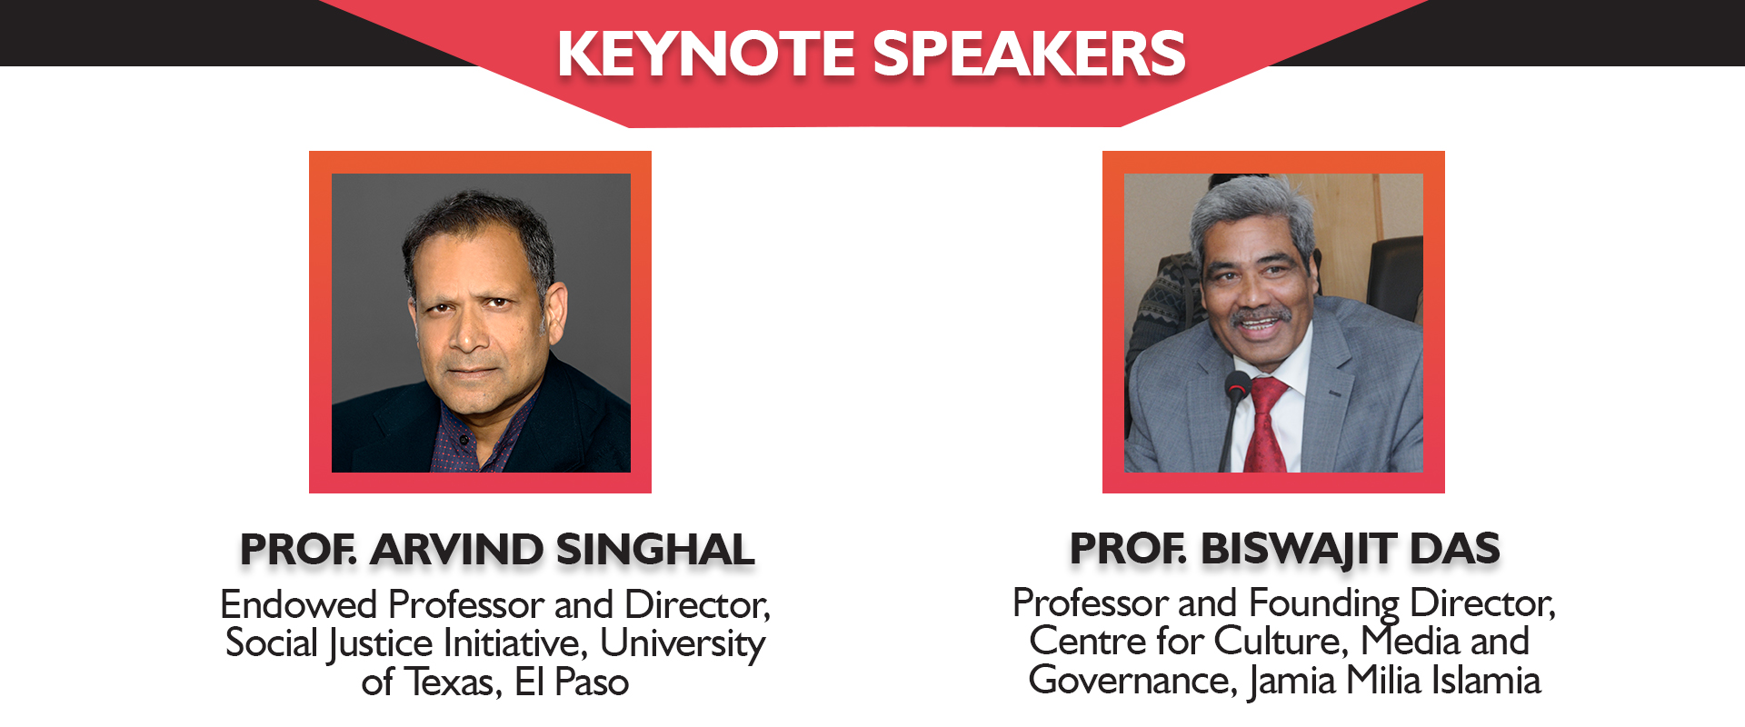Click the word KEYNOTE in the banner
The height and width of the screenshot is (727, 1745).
pos(706,54)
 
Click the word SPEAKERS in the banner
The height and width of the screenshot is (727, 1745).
pos(1030,54)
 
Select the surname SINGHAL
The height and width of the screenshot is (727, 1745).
pos(655,550)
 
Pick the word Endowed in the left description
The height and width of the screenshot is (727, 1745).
pos(299,604)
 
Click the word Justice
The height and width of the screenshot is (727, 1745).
pos(381,644)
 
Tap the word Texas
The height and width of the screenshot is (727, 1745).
pos(452,682)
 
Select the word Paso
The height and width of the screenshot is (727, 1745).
pos(592,682)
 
